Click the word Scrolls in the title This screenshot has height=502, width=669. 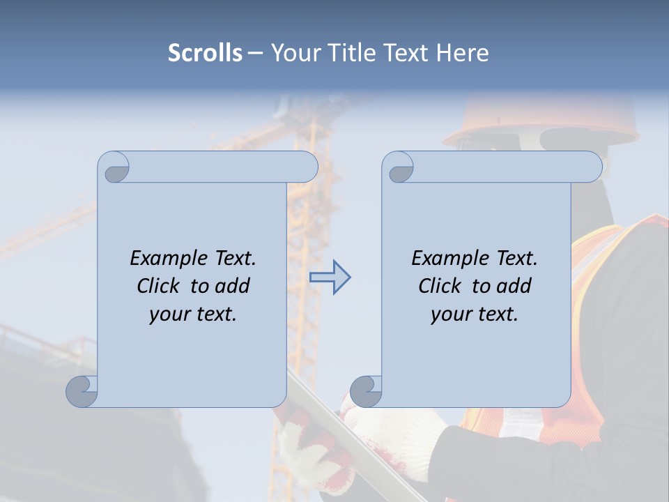tap(206, 53)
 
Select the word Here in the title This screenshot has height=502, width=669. tap(462, 53)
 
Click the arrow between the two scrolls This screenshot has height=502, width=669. tap(330, 277)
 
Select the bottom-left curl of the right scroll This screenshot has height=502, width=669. tap(365, 391)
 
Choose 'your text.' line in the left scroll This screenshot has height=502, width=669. tap(193, 314)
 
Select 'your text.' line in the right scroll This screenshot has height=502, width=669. tap(475, 314)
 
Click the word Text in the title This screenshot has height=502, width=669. tap(406, 53)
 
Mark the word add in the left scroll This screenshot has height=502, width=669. tap(233, 286)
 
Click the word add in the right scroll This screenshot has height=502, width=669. tap(514, 286)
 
